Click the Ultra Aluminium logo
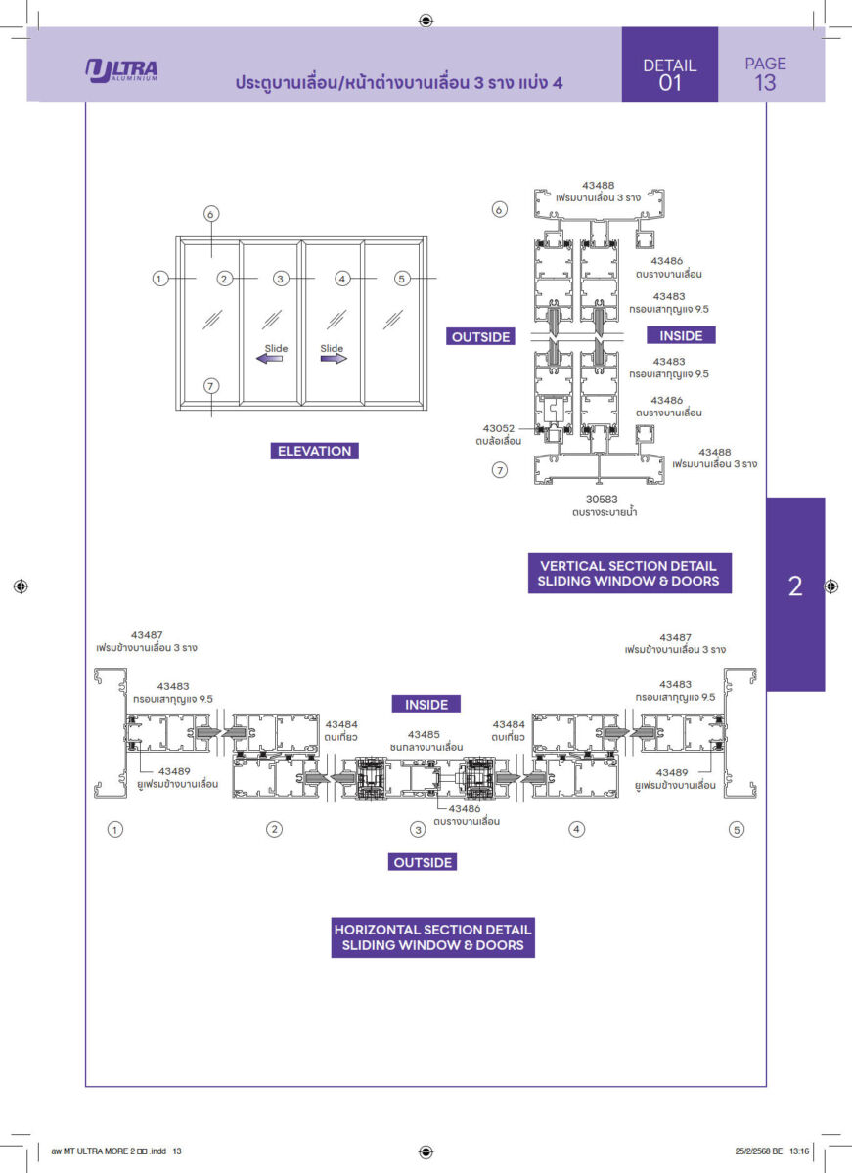pyautogui.click(x=121, y=71)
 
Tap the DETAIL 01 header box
pyautogui.click(x=670, y=74)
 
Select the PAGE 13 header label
pyautogui.click(x=765, y=73)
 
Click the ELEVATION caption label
pyautogui.click(x=314, y=451)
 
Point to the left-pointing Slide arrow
pyautogui.click(x=270, y=359)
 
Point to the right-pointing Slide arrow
pyautogui.click(x=334, y=359)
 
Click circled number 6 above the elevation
pyautogui.click(x=211, y=213)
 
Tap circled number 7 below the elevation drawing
pyautogui.click(x=211, y=385)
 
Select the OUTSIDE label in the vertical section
pyautogui.click(x=480, y=336)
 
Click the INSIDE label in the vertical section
pyautogui.click(x=681, y=335)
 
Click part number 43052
pyautogui.click(x=499, y=427)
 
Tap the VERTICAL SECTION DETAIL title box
pyautogui.click(x=628, y=573)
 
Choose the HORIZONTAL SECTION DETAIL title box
pyautogui.click(x=433, y=937)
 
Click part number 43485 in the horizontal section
pyautogui.click(x=425, y=733)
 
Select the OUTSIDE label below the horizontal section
pyautogui.click(x=423, y=862)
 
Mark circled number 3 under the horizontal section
pyautogui.click(x=417, y=830)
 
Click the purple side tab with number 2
pyautogui.click(x=794, y=586)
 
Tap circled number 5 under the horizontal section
pyautogui.click(x=737, y=829)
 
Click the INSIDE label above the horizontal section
pyautogui.click(x=426, y=704)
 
